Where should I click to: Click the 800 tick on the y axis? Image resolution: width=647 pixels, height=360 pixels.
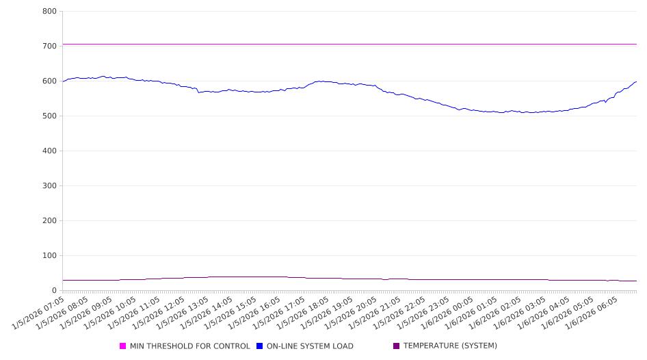pyautogui.click(x=49, y=12)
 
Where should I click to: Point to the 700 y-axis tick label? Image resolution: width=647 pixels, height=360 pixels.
pyautogui.click(x=49, y=47)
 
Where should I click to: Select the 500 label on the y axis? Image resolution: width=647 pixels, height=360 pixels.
pyautogui.click(x=49, y=116)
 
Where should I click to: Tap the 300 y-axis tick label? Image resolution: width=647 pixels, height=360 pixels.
pyautogui.click(x=49, y=186)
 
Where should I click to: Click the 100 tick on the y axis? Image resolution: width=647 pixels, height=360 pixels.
pyautogui.click(x=49, y=256)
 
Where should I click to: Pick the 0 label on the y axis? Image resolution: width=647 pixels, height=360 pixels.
pyautogui.click(x=53, y=291)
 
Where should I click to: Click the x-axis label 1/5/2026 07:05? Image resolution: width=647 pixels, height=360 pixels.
pyautogui.click(x=40, y=313)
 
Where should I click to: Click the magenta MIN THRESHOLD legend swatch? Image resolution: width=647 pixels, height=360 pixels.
pyautogui.click(x=123, y=346)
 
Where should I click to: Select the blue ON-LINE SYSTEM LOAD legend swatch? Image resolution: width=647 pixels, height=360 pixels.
pyautogui.click(x=260, y=346)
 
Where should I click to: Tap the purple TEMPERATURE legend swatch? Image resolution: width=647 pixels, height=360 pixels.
pyautogui.click(x=397, y=346)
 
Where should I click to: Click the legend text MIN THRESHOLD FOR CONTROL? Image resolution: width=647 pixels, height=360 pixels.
pyautogui.click(x=189, y=346)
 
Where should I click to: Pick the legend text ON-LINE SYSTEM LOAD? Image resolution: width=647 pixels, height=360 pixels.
pyautogui.click(x=310, y=346)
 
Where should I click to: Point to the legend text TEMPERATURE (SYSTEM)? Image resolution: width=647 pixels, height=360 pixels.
pyautogui.click(x=450, y=346)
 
